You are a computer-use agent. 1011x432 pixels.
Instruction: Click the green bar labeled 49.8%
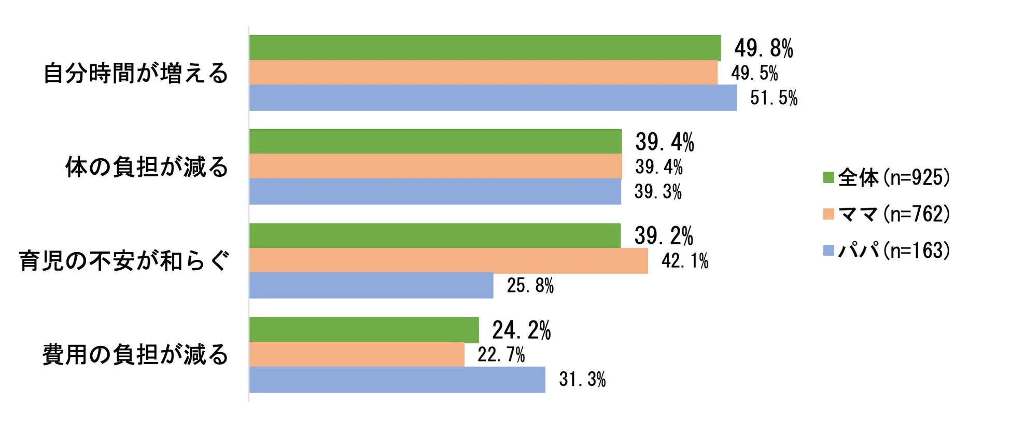point(485,48)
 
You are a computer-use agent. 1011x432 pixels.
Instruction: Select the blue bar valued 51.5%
point(493,97)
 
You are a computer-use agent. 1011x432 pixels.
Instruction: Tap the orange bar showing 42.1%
point(448,260)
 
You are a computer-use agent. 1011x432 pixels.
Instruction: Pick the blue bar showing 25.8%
point(371,285)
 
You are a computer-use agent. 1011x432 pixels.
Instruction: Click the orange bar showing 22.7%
point(357,354)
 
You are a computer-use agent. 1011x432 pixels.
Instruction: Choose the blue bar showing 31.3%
point(397,379)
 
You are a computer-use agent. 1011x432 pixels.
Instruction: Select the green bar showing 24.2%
point(364,330)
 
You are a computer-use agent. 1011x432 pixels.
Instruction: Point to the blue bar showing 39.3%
point(435,191)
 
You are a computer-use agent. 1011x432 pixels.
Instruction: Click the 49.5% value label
point(754,73)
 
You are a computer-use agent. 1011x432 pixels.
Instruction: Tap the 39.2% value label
point(664,236)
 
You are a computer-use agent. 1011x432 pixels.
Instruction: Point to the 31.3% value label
point(582,379)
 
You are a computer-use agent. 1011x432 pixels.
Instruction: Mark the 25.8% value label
point(530,285)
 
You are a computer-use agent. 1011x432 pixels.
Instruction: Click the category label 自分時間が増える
point(136,73)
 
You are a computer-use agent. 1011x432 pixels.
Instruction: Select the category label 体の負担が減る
point(147,167)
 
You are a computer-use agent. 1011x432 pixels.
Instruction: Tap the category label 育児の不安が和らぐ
point(124,260)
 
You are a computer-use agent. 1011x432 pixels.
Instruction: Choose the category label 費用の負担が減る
point(135,355)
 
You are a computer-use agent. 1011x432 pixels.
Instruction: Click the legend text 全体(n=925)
point(894,177)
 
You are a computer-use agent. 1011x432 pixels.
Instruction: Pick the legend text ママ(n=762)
point(894,214)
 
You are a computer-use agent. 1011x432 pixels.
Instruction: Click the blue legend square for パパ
point(829,250)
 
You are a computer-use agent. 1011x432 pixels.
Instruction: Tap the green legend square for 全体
point(829,177)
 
